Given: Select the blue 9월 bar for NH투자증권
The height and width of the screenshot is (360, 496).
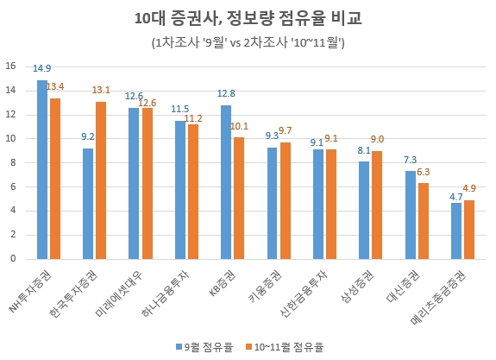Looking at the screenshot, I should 42,169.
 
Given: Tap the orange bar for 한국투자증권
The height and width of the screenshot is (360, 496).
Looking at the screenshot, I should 101,180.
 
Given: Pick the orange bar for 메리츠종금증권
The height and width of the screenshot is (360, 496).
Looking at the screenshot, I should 468,229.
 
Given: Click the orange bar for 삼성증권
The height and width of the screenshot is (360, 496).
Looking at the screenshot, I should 376,205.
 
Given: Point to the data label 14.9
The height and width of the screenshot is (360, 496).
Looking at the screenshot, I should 41,69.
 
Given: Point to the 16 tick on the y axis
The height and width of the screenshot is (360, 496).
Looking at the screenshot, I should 10,66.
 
